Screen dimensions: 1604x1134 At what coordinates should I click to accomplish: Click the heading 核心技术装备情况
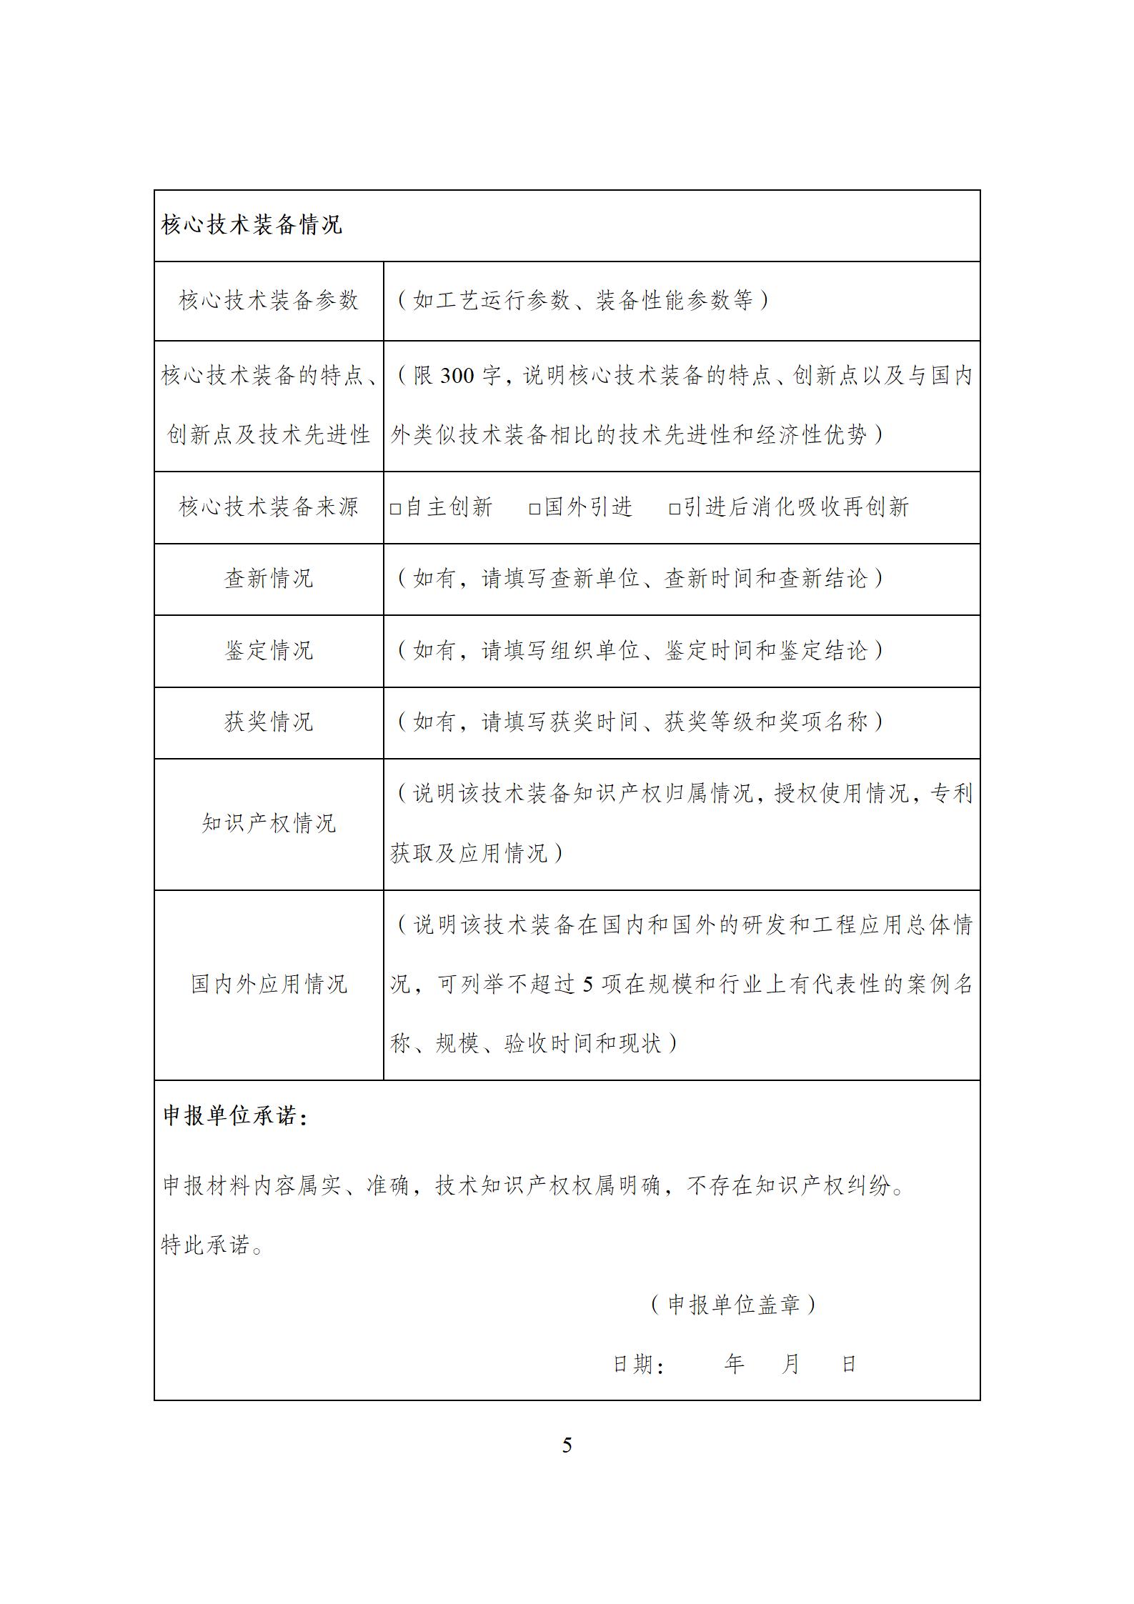pos(252,225)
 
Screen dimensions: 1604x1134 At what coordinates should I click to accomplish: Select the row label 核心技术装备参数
pos(269,300)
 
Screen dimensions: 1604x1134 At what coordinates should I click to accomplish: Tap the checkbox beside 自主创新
pos(395,509)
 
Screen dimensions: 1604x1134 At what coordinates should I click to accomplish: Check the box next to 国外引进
pos(534,509)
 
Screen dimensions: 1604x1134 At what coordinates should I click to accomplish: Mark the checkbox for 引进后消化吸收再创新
pos(674,509)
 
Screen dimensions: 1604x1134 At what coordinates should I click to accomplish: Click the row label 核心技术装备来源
pos(269,507)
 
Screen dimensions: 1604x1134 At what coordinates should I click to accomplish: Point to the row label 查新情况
pos(269,579)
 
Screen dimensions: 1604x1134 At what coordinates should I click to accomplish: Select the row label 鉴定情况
pos(269,650)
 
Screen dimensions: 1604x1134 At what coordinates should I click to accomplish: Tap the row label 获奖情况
pos(269,722)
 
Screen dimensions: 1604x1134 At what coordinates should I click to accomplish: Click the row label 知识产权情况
pos(269,823)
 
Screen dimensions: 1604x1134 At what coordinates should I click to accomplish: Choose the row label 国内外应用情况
pos(269,984)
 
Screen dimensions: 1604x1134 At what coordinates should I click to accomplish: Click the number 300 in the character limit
pos(457,376)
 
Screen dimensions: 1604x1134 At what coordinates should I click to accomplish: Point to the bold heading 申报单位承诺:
pos(236,1116)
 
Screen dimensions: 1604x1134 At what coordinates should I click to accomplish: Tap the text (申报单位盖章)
pos(733,1305)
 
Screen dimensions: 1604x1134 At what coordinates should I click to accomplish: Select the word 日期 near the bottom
pos(633,1364)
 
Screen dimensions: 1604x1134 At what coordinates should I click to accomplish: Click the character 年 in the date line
pos(734,1364)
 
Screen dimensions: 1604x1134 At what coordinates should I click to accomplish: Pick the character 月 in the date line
pos(790,1364)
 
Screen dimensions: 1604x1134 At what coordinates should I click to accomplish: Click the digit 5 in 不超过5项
pos(587,985)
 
